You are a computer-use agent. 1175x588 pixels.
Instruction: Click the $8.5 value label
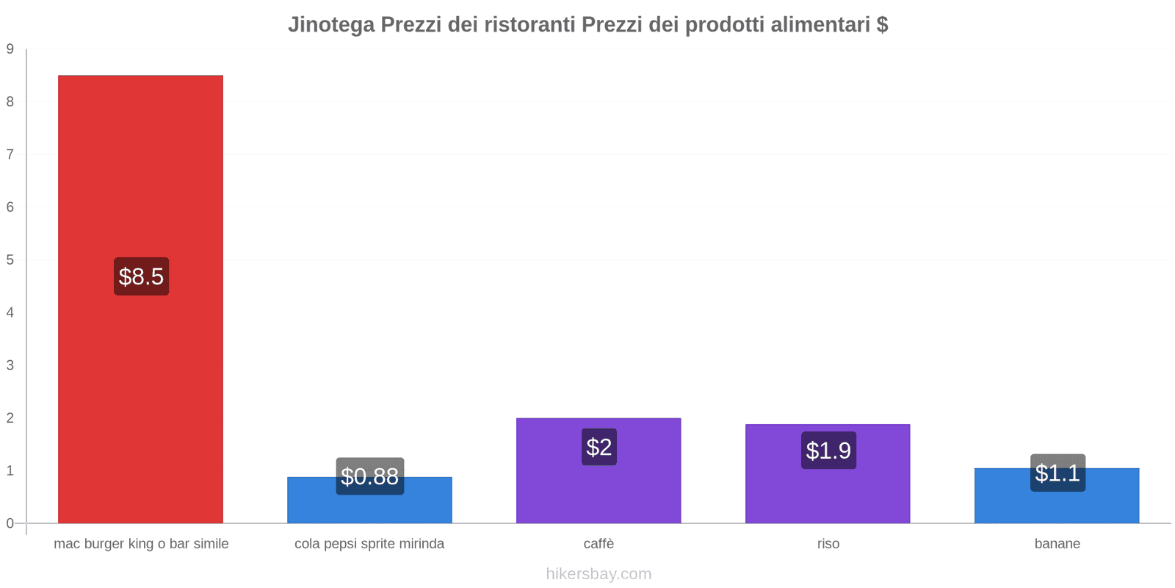tap(141, 276)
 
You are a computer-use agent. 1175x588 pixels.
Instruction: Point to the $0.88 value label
tap(370, 476)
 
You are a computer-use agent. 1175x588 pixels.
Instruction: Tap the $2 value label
tap(599, 447)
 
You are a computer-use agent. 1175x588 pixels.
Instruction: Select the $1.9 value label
tap(828, 450)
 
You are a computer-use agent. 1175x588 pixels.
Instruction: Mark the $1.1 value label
tap(1057, 473)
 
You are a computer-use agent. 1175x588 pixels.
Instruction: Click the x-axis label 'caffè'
tap(599, 544)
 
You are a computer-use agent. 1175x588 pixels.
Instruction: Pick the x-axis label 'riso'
tap(828, 544)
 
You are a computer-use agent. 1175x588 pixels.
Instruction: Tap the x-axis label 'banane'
tap(1057, 544)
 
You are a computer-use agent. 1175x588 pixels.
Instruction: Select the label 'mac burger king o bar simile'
tap(141, 544)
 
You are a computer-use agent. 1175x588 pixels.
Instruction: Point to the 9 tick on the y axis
tap(10, 49)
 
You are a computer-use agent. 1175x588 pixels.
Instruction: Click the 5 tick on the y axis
tap(10, 259)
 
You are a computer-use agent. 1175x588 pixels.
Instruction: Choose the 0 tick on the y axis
tap(10, 523)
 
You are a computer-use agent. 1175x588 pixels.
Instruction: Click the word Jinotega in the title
tap(330, 25)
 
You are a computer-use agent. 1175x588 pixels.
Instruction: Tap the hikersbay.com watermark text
tap(599, 574)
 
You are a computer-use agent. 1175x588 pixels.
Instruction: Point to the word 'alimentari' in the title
tap(820, 25)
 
